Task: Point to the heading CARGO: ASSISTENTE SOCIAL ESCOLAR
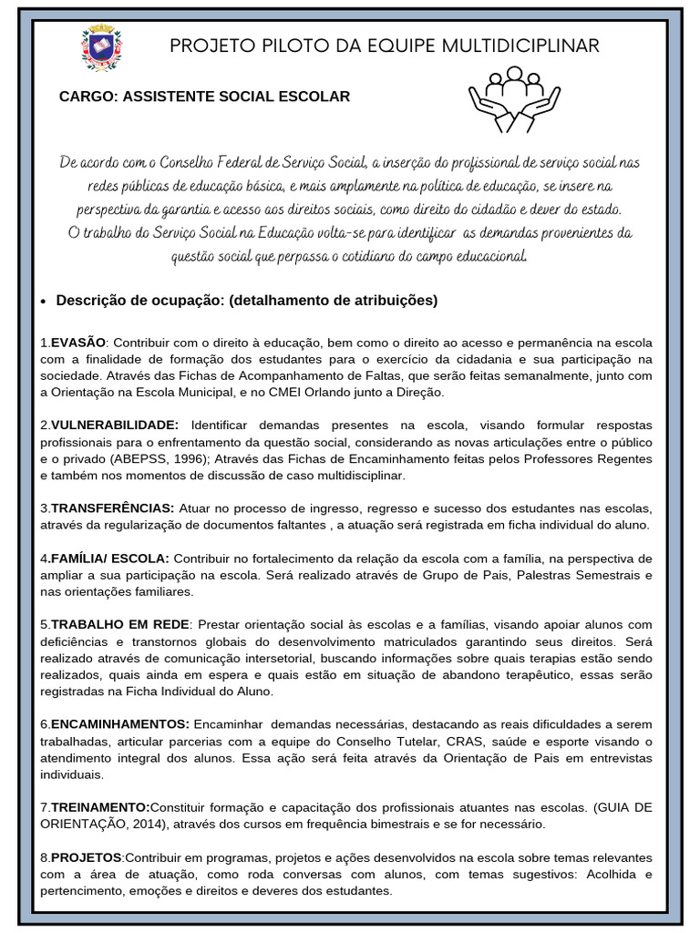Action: pos(204,96)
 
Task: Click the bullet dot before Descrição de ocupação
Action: pos(45,302)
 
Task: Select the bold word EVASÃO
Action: pos(78,342)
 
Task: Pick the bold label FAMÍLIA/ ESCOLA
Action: pos(110,558)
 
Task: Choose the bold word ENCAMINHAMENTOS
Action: pos(119,723)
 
